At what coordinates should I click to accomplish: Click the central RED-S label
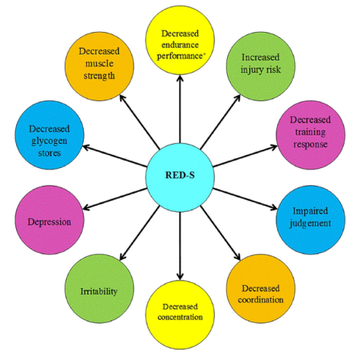click(x=180, y=175)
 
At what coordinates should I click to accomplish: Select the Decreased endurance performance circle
click(x=180, y=40)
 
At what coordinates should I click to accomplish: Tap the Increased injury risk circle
click(x=261, y=66)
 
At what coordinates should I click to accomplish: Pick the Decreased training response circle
click(x=311, y=135)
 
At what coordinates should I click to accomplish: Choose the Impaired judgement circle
click(x=311, y=220)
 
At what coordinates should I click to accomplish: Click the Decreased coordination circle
click(x=261, y=289)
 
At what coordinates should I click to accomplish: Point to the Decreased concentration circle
click(x=180, y=315)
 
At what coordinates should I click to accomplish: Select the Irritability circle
click(x=99, y=289)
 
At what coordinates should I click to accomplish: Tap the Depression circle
click(x=49, y=220)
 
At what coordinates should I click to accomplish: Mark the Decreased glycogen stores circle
click(x=49, y=135)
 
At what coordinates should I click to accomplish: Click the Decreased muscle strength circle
click(x=99, y=66)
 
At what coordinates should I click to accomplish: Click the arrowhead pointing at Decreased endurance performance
click(x=180, y=78)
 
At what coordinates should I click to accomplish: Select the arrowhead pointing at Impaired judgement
click(x=274, y=207)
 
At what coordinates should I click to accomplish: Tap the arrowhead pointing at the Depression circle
click(x=87, y=208)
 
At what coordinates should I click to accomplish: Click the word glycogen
click(x=49, y=141)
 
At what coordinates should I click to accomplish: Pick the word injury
click(x=252, y=70)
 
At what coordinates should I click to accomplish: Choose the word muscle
click(x=99, y=63)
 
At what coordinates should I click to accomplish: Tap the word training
click(x=310, y=132)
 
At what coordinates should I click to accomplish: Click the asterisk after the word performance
click(x=204, y=54)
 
